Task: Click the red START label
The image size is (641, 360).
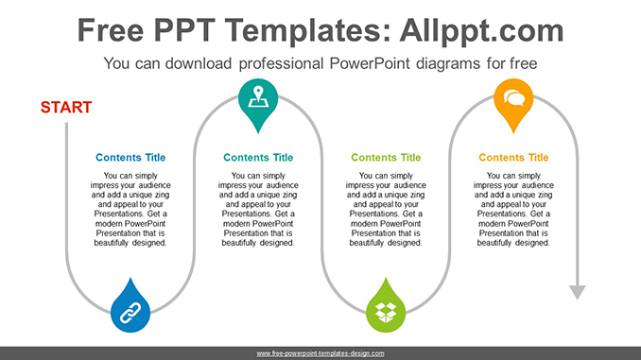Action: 66,108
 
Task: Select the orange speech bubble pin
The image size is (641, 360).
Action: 513,97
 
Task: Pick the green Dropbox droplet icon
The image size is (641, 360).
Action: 385,307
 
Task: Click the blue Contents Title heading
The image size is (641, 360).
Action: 130,158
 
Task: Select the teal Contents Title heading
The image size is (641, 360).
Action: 258,158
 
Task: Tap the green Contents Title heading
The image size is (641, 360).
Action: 386,158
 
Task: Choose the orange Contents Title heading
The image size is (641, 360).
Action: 513,158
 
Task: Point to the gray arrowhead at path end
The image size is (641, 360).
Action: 576,292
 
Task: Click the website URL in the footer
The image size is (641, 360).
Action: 320,353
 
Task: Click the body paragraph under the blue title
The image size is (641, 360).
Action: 130,209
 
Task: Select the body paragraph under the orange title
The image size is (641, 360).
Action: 513,209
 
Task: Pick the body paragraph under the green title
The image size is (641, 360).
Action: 386,209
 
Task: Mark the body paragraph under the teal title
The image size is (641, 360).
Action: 258,209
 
